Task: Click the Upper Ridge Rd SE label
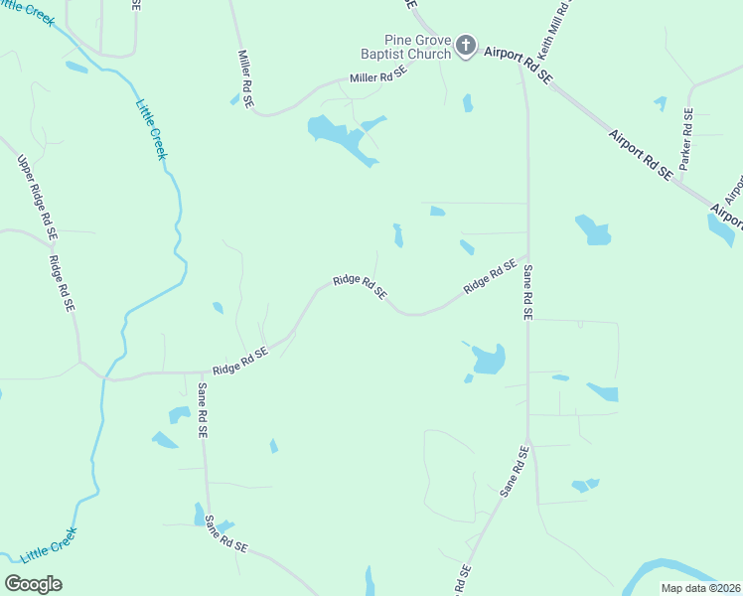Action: click(37, 199)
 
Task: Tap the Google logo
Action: click(33, 584)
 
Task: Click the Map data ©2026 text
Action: click(700, 588)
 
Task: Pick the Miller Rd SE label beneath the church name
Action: click(378, 74)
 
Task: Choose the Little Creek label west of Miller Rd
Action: click(152, 129)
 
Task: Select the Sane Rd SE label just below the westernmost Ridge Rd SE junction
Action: click(202, 410)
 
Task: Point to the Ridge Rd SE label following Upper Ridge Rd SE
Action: click(62, 283)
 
